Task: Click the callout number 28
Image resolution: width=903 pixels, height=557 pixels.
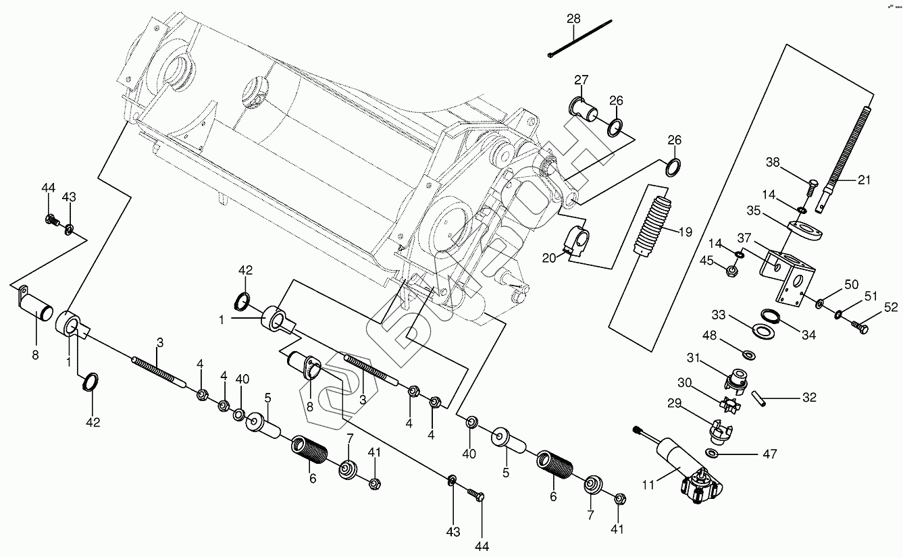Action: tap(573, 18)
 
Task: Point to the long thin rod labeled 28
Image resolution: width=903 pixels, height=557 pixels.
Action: tap(581, 39)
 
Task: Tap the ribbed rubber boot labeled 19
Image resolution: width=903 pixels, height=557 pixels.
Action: tap(654, 226)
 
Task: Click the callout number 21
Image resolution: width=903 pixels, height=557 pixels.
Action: tap(864, 180)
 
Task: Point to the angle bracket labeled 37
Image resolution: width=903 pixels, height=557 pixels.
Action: tap(790, 273)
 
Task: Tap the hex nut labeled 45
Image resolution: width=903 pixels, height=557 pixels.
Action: tap(731, 271)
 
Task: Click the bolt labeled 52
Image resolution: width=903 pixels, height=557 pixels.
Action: tap(860, 328)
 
